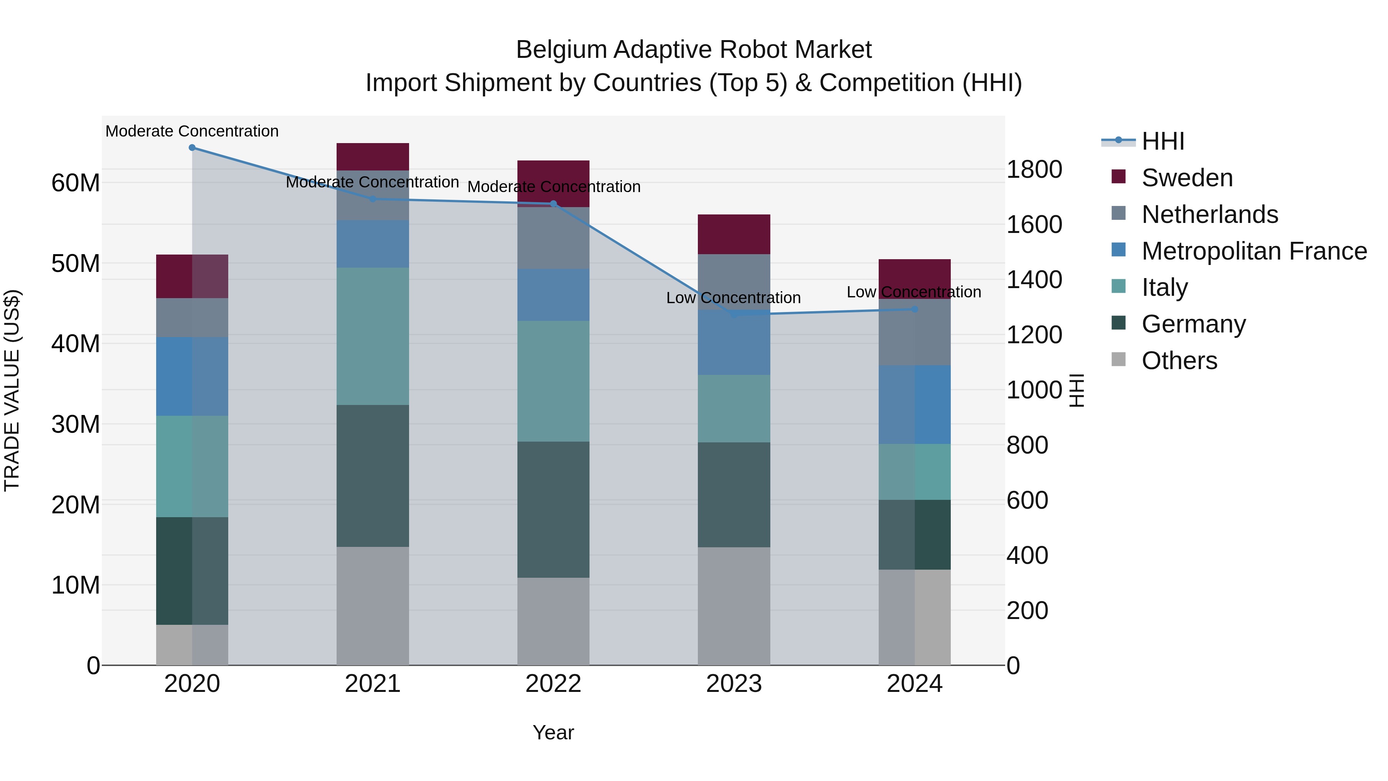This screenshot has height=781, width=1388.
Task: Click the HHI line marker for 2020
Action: (192, 148)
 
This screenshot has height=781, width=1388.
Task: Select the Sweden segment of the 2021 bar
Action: (373, 157)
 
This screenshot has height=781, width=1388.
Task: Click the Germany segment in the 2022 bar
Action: (553, 509)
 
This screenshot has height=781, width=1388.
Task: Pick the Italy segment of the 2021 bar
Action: (373, 336)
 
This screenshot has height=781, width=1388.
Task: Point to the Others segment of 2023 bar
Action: (734, 606)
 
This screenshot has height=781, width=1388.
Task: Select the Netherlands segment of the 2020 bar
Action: (192, 318)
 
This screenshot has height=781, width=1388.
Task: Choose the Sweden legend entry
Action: (1186, 178)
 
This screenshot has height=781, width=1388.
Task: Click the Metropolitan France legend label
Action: (1254, 251)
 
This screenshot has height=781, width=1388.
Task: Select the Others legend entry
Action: (1179, 361)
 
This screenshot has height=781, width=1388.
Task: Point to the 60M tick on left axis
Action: (76, 183)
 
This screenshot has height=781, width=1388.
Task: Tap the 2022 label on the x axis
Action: (553, 684)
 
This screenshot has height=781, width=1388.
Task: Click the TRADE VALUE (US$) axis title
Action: (12, 390)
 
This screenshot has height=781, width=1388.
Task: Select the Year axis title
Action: (553, 732)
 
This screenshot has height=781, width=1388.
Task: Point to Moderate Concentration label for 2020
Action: (192, 131)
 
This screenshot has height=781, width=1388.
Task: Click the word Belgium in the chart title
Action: (561, 50)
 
